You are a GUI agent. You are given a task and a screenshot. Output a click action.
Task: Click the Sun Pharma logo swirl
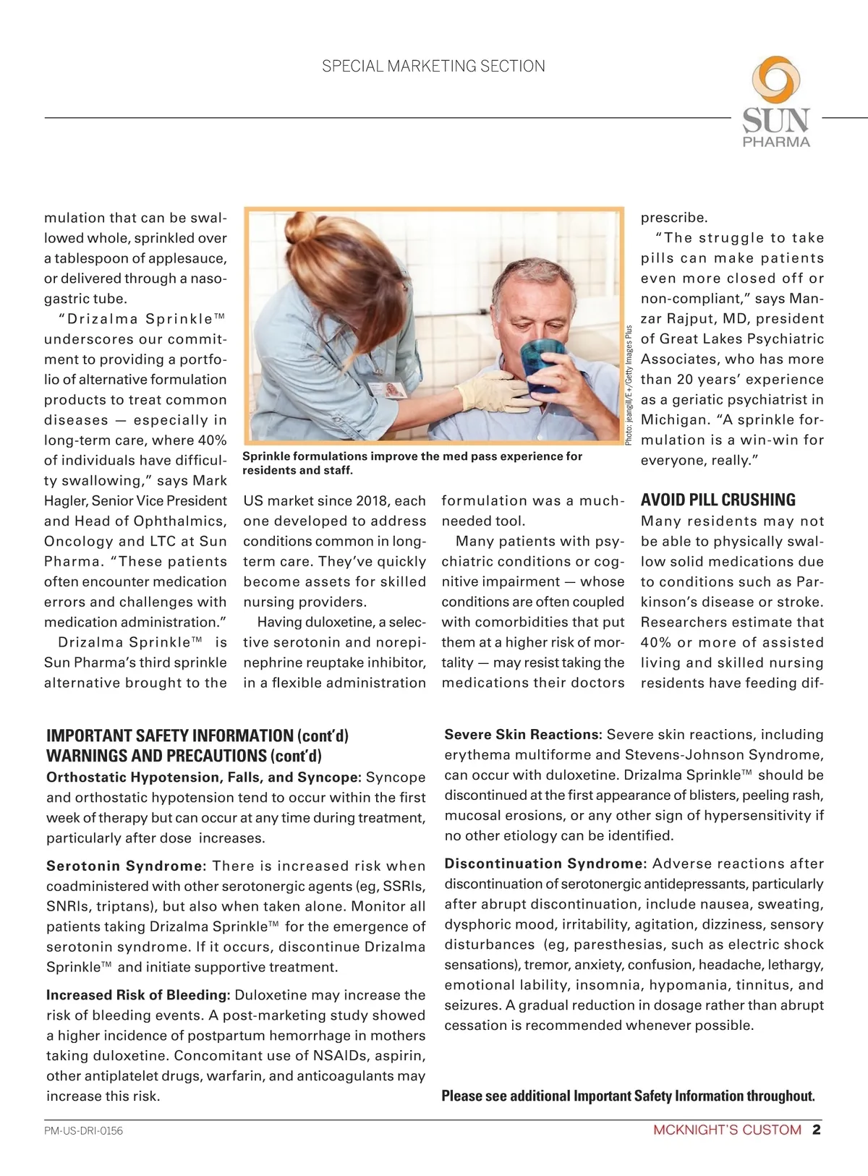click(776, 80)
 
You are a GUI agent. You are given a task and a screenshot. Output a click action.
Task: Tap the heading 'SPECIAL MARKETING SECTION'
click(433, 67)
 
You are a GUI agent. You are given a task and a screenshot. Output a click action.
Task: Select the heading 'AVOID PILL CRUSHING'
click(718, 500)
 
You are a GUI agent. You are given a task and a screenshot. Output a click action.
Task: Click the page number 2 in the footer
click(817, 1130)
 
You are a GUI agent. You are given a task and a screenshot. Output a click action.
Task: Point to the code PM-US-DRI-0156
click(84, 1130)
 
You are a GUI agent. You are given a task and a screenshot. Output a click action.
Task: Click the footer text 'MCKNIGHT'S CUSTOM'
click(727, 1130)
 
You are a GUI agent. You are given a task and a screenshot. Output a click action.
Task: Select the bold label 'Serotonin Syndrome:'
click(127, 866)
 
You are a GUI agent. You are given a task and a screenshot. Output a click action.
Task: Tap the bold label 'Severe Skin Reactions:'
click(523, 735)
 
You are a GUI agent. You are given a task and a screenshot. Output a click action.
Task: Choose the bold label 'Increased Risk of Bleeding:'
click(138, 995)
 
